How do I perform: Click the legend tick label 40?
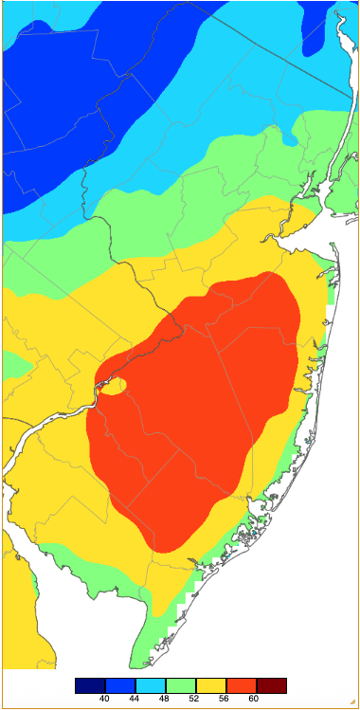pos(104,699)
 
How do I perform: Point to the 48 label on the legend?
pos(165,699)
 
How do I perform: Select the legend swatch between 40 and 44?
pos(119,684)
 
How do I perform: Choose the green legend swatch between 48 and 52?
pos(180,684)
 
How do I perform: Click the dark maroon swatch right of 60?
pos(271,684)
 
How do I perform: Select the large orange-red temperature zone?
pos(189,417)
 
